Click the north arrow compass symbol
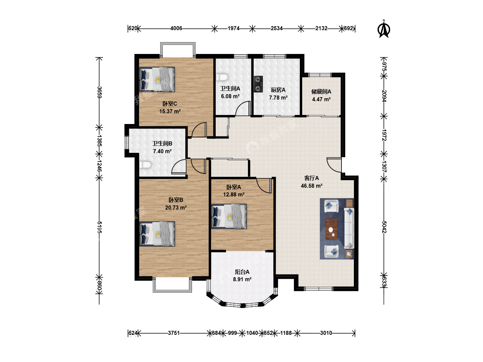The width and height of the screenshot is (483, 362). tap(384, 29)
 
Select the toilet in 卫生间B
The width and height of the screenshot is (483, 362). tap(145, 165)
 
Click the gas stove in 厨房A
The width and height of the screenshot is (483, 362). tap(258, 84)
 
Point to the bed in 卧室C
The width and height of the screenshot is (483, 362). tap(157, 79)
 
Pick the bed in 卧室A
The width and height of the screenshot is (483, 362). tap(229, 217)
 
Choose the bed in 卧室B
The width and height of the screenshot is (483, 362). tap(157, 234)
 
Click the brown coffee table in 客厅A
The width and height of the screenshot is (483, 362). tap(332, 229)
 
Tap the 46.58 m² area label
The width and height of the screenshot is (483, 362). tap(312, 186)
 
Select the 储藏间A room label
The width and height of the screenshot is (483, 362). tap(321, 92)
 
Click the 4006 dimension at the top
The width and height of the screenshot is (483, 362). tap(176, 28)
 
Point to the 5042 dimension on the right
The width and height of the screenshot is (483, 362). tap(384, 227)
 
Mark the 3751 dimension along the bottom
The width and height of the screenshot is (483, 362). tap(174, 333)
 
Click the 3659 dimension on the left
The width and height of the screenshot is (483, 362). tap(100, 92)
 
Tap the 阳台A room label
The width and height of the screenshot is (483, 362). tap(242, 272)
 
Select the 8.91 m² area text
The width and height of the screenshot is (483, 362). tap(242, 279)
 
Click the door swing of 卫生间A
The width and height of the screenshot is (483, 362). tap(243, 108)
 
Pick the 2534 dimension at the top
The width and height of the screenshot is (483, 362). tap(277, 28)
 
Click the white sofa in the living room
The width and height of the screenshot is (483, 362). tap(349, 228)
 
